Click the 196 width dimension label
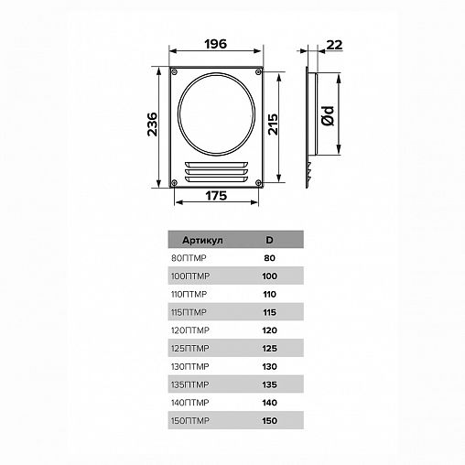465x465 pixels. tap(216, 44)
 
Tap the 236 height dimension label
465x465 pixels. tap(153, 124)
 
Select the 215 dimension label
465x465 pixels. tap(273, 124)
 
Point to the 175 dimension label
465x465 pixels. tap(216, 196)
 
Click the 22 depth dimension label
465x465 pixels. tap(334, 45)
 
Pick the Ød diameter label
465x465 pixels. tap(329, 116)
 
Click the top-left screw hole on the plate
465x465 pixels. tap(175, 72)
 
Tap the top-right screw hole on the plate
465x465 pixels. tap(258, 72)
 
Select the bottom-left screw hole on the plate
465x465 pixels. tap(174, 183)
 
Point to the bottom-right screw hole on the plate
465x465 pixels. tap(258, 183)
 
